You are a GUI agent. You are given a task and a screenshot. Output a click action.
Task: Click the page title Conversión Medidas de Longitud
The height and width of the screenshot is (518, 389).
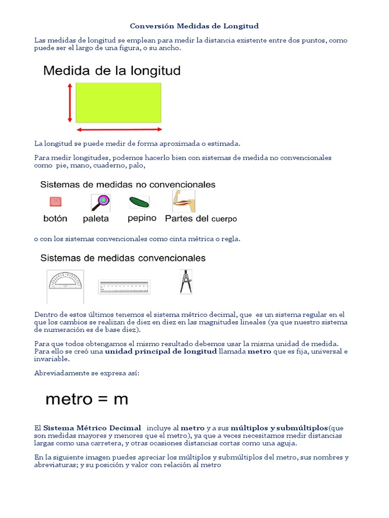click(194, 26)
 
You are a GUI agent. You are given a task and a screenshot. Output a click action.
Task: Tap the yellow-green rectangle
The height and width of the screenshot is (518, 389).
click(118, 103)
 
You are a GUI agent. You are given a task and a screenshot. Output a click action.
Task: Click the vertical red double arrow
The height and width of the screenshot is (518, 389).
click(70, 103)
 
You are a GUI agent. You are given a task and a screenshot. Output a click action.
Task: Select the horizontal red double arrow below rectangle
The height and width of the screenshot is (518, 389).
click(119, 129)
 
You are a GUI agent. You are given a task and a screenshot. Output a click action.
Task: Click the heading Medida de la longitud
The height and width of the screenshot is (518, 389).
click(112, 71)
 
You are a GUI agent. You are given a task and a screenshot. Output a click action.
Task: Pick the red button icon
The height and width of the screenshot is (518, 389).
click(55, 202)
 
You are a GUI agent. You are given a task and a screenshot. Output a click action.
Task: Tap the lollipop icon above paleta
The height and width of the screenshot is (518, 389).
click(100, 202)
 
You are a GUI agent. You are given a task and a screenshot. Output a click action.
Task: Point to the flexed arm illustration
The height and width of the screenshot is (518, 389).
click(183, 201)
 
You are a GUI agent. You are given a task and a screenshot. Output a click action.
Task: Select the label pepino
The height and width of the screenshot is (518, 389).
click(142, 219)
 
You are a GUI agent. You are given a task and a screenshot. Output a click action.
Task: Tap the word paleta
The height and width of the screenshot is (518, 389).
click(96, 219)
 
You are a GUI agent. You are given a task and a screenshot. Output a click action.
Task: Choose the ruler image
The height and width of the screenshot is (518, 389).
click(124, 287)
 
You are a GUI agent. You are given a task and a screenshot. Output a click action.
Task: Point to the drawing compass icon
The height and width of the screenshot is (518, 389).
click(186, 281)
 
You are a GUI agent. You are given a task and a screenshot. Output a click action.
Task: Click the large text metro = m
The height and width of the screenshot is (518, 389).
click(87, 400)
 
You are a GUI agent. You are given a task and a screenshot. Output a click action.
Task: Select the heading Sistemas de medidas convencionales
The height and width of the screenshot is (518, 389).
click(123, 258)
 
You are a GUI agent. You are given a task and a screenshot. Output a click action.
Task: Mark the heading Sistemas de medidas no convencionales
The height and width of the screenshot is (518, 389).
click(128, 185)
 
